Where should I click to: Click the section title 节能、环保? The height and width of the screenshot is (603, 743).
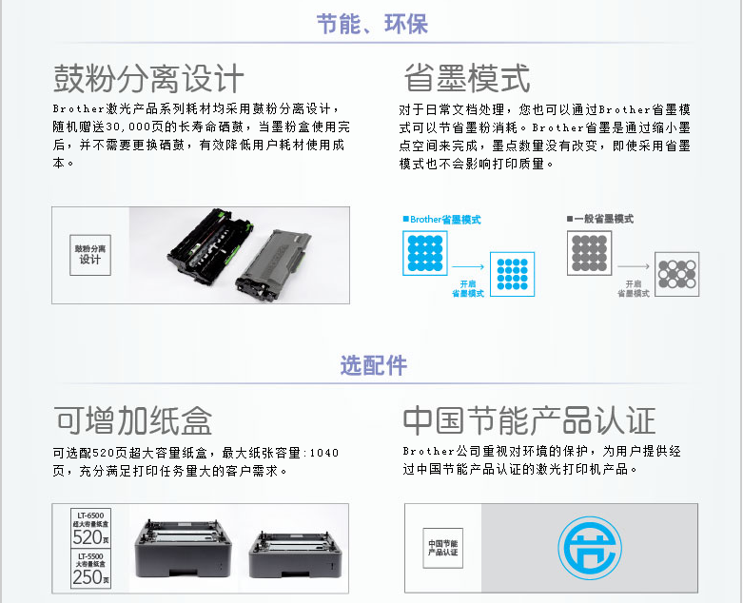(x=372, y=24)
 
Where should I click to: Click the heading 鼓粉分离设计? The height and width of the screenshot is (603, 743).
(x=148, y=79)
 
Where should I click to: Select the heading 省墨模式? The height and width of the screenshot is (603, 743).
(x=467, y=79)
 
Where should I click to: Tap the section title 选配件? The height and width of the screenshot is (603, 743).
(x=373, y=365)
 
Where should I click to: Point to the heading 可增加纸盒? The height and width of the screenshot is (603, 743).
(x=132, y=420)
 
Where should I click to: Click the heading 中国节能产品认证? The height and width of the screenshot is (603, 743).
(x=529, y=420)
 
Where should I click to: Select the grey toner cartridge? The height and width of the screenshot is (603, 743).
(x=274, y=264)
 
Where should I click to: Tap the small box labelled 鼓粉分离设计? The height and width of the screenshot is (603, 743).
(x=90, y=255)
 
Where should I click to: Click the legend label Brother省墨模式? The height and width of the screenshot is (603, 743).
(x=441, y=220)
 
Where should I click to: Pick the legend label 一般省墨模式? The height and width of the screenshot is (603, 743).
(x=600, y=219)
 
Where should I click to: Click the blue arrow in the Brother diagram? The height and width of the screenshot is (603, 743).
(x=468, y=266)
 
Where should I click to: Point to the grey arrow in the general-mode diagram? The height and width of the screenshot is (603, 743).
(x=633, y=266)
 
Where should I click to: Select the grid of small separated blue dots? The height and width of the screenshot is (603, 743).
(x=512, y=274)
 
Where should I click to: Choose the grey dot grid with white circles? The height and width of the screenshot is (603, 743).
(x=676, y=274)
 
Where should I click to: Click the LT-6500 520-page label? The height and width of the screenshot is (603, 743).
(x=90, y=528)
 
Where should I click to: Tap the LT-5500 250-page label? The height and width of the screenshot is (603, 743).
(x=90, y=569)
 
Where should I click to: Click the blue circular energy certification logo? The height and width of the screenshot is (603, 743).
(x=590, y=548)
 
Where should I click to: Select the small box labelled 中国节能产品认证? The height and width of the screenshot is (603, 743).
(x=442, y=548)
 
